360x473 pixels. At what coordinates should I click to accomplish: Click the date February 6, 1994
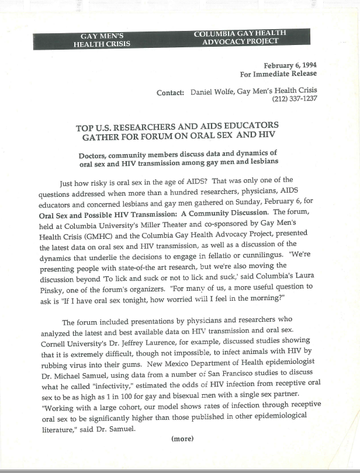click(290, 65)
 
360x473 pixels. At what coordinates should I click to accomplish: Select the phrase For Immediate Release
click(279, 74)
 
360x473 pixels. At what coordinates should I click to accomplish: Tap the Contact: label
click(171, 92)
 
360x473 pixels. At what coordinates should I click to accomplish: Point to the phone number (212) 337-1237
click(295, 99)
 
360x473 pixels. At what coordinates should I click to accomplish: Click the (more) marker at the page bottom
click(182, 439)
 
